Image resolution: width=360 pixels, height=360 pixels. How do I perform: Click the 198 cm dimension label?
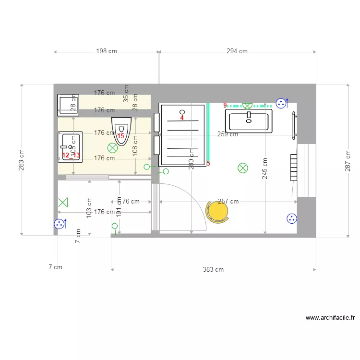[x=106, y=51]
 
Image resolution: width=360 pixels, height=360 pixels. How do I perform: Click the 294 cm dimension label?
[x=237, y=51]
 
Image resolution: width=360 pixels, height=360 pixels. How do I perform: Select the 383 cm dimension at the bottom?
[x=213, y=270]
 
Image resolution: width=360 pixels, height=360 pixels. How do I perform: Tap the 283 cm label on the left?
[x=22, y=159]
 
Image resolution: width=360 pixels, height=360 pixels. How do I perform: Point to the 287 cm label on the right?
[x=348, y=160]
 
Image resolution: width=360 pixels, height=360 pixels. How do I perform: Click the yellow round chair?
[x=217, y=211]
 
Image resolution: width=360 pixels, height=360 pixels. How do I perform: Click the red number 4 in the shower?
[x=182, y=118]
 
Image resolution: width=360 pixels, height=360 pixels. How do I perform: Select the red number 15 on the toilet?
[x=120, y=136]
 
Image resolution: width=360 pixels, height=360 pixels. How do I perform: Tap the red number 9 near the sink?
[x=225, y=105]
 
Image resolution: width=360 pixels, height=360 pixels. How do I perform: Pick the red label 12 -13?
[x=71, y=155]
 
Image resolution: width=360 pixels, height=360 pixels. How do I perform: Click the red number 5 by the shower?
[x=208, y=164]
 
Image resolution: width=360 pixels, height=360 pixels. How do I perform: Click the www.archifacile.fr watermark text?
[x=330, y=318]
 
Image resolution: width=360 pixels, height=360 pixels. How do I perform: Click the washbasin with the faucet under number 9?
[x=248, y=120]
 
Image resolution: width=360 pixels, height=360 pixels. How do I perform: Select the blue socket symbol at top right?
[x=281, y=103]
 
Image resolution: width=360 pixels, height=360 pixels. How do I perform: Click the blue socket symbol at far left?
[x=60, y=224]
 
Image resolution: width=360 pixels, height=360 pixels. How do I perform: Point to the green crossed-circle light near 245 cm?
[x=243, y=168]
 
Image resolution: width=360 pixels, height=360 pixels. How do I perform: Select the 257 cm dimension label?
[x=228, y=202]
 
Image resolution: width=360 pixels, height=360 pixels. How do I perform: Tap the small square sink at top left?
[x=68, y=105]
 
